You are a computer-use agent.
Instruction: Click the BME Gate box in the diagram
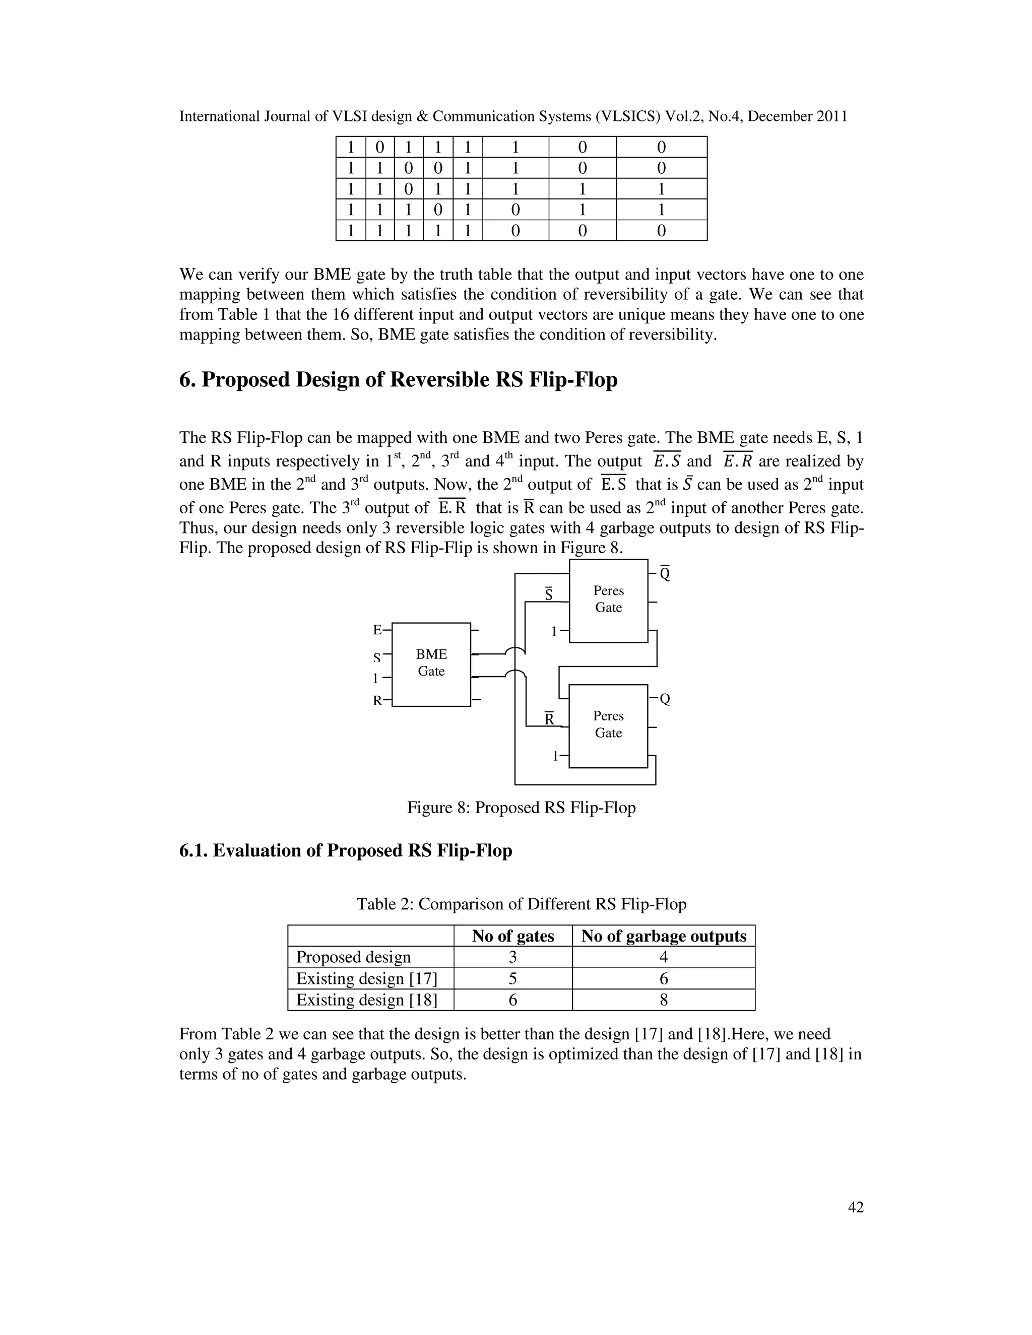[x=431, y=664]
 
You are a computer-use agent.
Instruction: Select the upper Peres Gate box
[x=608, y=600]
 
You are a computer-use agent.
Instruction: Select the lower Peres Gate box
[x=608, y=725]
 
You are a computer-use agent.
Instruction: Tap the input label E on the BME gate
[x=377, y=630]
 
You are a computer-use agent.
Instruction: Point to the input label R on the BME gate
[x=377, y=701]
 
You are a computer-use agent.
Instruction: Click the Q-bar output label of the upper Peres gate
[x=665, y=574]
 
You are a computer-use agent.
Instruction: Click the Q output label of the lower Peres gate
[x=665, y=699]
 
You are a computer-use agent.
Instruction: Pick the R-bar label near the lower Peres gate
[x=549, y=719]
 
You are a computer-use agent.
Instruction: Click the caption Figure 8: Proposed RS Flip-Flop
[x=522, y=808]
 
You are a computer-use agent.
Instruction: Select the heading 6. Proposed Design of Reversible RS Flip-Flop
[x=398, y=380]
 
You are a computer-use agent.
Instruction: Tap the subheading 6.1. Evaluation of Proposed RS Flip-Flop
[x=345, y=851]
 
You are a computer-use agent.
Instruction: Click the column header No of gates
[x=513, y=937]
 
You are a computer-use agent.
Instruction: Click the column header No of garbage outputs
[x=663, y=937]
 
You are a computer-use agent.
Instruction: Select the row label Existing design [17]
[x=367, y=979]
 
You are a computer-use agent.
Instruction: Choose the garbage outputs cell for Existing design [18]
[x=663, y=1000]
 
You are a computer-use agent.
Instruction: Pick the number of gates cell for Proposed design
[x=513, y=957]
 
